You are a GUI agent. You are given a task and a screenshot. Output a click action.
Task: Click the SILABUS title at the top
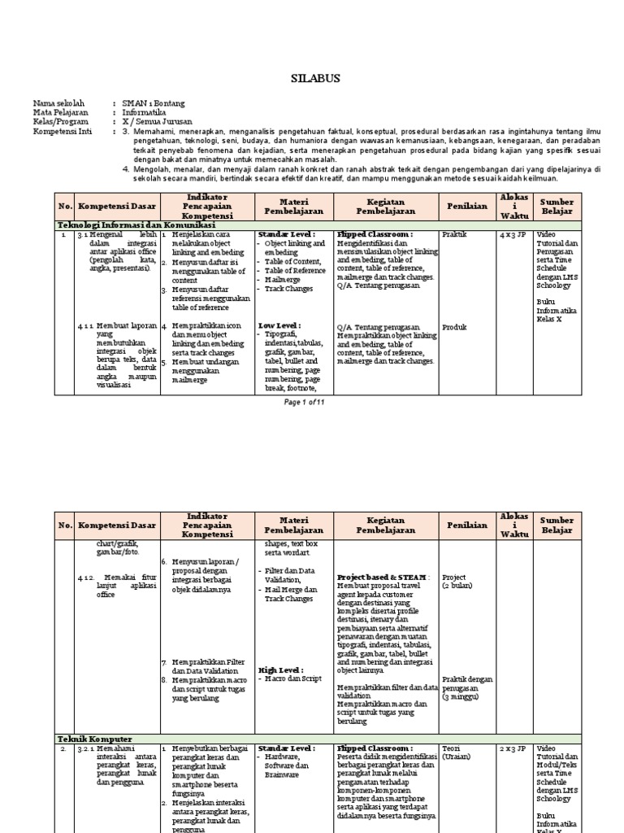pos(311,78)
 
